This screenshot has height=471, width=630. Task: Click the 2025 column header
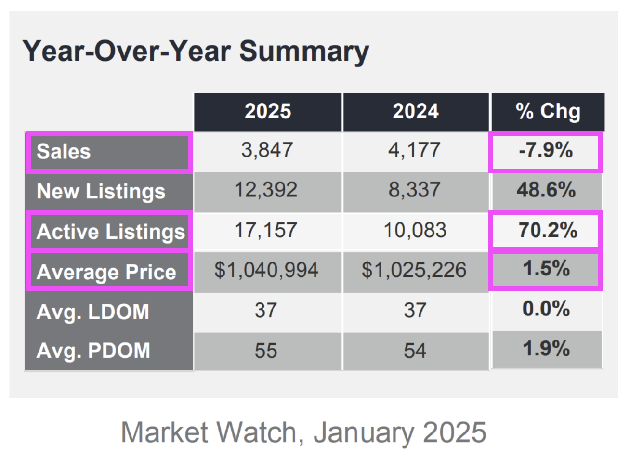point(268,112)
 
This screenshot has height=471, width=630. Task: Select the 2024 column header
point(416,112)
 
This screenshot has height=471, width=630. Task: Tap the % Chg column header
point(548,112)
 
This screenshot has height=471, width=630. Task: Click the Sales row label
point(64,152)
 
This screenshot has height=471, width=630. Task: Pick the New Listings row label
point(101,192)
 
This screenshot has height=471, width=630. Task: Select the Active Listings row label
point(110,232)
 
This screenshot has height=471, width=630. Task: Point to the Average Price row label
point(106,272)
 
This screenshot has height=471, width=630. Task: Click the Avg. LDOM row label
point(93,312)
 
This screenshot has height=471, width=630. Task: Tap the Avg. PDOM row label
point(93,351)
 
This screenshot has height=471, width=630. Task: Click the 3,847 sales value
point(267,150)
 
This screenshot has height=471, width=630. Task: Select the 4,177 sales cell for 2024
point(415,150)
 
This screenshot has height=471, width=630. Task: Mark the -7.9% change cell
point(546,151)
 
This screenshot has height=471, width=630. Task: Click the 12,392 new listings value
point(266,190)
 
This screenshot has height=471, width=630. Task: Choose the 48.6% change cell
point(546,190)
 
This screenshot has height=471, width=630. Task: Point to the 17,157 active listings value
point(266,230)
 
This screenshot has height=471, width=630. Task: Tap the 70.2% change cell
point(547,230)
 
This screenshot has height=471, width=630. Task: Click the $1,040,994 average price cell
point(266,270)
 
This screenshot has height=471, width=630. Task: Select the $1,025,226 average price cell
point(414,270)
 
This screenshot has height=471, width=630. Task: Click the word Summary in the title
point(304,51)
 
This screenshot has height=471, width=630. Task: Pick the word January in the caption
point(363,432)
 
